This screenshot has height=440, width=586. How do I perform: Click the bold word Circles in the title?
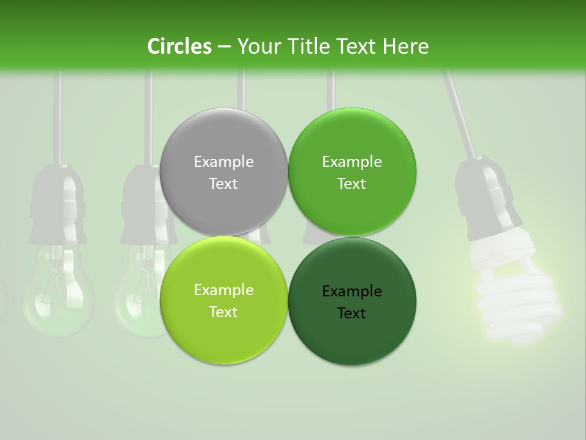click(x=179, y=46)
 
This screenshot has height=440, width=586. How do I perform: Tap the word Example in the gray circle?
click(x=223, y=161)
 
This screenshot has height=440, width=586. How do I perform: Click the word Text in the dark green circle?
click(x=352, y=313)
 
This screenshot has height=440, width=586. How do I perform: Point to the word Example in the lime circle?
click(x=223, y=290)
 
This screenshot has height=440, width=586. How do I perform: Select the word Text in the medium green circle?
click(x=352, y=183)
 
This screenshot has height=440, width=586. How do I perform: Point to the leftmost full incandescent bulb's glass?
click(x=55, y=293)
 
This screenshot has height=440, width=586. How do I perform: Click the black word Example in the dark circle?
click(x=352, y=291)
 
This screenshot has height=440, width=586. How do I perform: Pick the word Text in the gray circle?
click(x=223, y=183)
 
